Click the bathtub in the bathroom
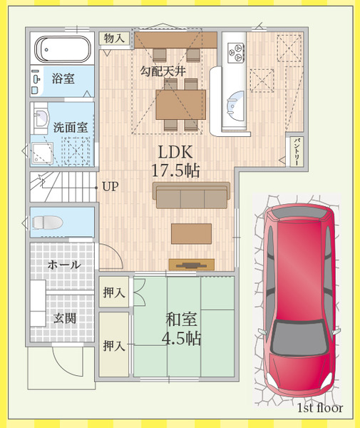point(63,49)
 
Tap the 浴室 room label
point(63,78)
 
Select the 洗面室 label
point(71,128)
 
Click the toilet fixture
point(48,222)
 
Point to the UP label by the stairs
point(110,187)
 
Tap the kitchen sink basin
point(235,106)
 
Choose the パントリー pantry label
point(297,151)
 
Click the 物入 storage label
point(114,39)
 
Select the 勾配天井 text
point(163,71)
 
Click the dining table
point(180,104)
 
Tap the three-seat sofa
point(191,195)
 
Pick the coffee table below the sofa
point(192,234)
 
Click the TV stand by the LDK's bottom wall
point(192,265)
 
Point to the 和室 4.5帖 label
point(181,329)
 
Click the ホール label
point(64,265)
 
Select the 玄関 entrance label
point(65,318)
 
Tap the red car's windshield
point(299,337)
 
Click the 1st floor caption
point(320,408)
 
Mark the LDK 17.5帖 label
point(175,161)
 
